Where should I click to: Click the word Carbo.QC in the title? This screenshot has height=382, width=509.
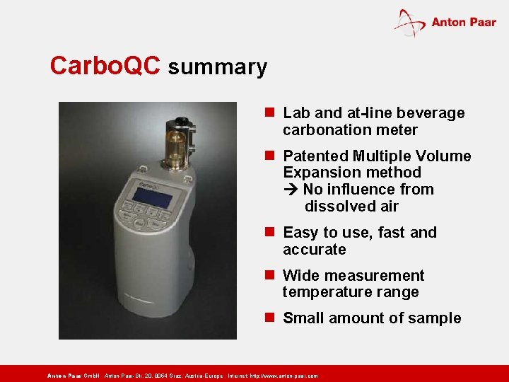pyautogui.click(x=106, y=66)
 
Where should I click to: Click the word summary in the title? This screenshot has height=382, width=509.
pyautogui.click(x=218, y=67)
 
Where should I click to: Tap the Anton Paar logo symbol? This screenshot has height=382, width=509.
pyautogui.click(x=409, y=23)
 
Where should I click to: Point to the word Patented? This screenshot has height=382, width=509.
pyautogui.click(x=315, y=156)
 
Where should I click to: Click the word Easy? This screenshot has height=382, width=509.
pyautogui.click(x=300, y=233)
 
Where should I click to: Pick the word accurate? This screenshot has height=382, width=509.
pyautogui.click(x=315, y=250)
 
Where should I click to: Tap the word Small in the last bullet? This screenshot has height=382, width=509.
pyautogui.click(x=305, y=318)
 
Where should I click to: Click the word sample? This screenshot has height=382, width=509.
pyautogui.click(x=436, y=318)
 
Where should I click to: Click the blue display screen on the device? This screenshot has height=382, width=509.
pyautogui.click(x=153, y=197)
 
